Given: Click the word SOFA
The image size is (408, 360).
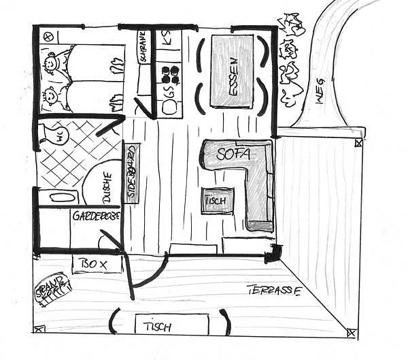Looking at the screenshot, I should point(234,154).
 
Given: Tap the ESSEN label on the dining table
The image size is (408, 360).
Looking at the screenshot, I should point(233,70).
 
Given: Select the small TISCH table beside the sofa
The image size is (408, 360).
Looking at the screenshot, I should point(218,201).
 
